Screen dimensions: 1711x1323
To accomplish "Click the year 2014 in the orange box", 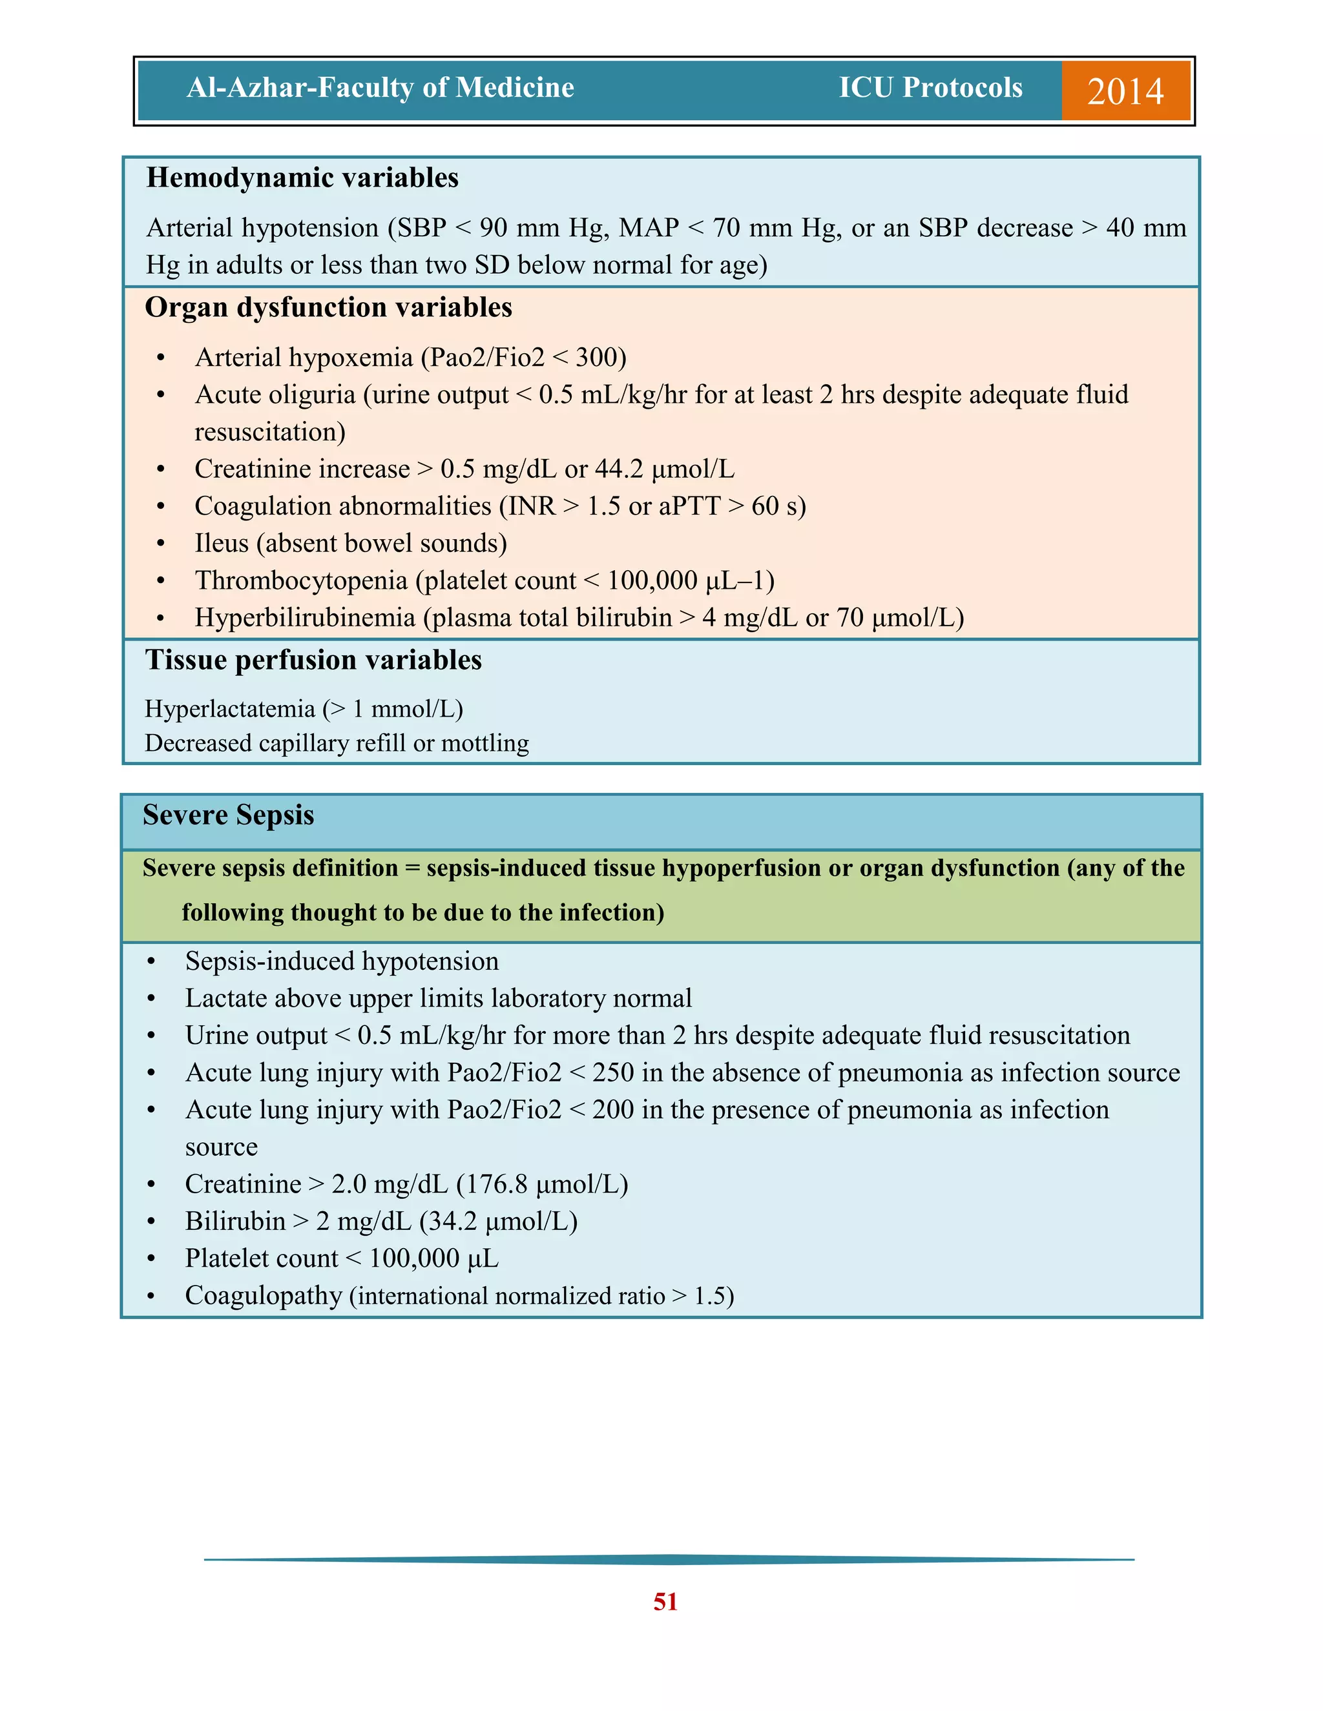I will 1125,91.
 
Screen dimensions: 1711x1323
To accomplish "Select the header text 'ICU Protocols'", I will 930,87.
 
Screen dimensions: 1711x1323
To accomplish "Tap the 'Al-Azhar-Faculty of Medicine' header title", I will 380,87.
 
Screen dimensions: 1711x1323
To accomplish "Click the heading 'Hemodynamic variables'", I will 302,178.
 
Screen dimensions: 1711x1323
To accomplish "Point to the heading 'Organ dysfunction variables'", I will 328,307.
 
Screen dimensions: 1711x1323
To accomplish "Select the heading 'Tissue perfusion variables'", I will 313,660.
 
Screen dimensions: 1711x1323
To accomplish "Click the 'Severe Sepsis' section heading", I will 228,815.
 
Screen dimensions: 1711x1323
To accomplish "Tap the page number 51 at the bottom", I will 665,1601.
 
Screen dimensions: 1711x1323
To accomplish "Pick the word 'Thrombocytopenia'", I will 302,580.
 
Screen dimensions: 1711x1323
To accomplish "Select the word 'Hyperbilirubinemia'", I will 305,618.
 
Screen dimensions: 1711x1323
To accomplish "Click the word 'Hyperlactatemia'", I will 229,709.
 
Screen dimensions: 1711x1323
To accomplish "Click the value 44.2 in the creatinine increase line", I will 619,469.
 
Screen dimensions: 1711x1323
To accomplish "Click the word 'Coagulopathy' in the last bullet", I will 264,1296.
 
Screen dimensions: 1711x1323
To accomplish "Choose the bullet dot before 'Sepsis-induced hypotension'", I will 151,962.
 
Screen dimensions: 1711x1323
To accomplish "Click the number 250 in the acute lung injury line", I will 613,1072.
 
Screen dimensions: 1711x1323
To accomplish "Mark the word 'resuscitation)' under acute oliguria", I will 269,432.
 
